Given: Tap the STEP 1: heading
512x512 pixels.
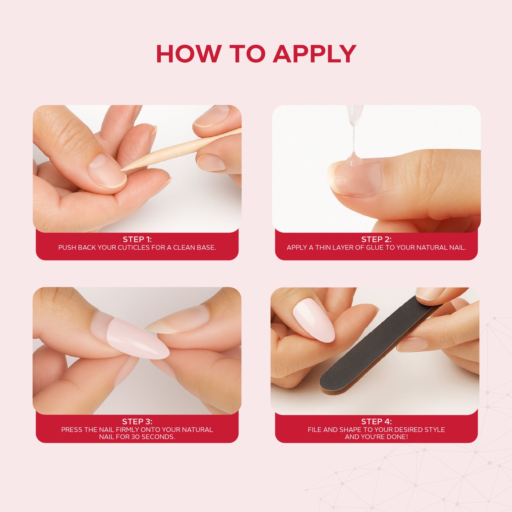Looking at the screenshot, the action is coord(137,239).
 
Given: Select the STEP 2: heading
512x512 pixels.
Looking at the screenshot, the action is coord(376,239).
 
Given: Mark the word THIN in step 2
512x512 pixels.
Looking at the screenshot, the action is coord(323,247).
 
